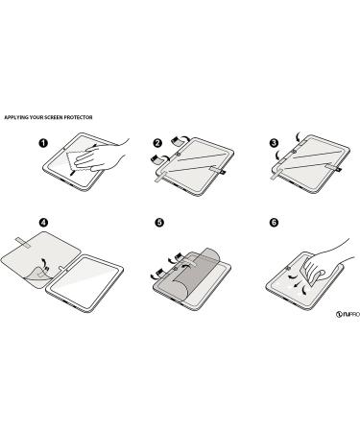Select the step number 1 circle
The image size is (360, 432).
tap(43, 143)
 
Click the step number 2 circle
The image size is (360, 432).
tap(157, 143)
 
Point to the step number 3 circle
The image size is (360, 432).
tap(274, 143)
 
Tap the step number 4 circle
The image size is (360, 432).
tap(43, 223)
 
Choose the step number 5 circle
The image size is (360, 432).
tap(159, 223)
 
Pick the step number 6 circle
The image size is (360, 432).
tap(274, 223)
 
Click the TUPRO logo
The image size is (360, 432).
tap(348, 314)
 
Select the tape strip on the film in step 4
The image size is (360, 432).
tap(23, 243)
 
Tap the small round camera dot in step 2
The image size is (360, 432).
tap(178, 156)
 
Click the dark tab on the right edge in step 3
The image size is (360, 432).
tap(338, 169)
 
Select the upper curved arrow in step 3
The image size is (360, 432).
tap(299, 136)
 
